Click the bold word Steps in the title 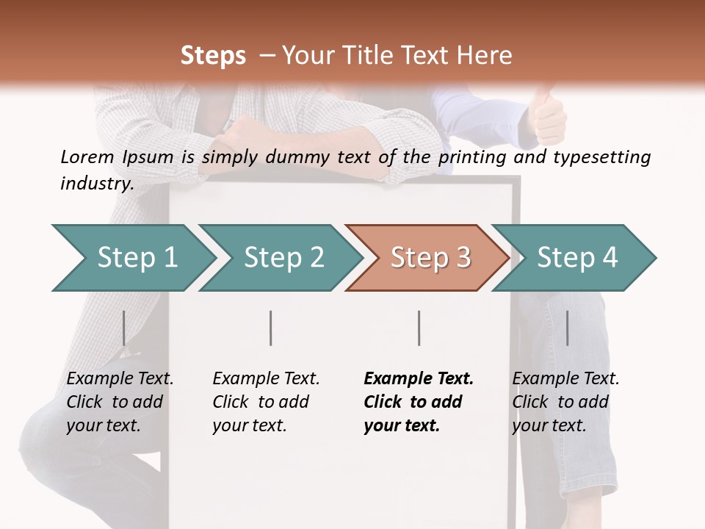213,56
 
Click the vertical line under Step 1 123,328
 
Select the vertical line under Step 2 271,328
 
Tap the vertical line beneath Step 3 419,328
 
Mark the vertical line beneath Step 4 567,328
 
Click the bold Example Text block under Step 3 419,402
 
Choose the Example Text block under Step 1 120,402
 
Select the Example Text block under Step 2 266,402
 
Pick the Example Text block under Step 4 565,402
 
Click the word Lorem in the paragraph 87,156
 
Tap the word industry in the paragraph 97,183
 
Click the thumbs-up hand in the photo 547,114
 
